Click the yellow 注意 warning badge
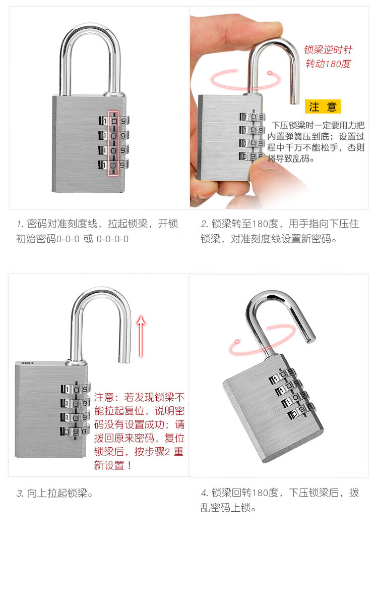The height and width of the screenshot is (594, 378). point(323,107)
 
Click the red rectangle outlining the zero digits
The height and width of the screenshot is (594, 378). point(113,143)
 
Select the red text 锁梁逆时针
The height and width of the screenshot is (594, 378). point(328,49)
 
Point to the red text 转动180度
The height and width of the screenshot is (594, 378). point(328,64)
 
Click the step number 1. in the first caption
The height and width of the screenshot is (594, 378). point(20,224)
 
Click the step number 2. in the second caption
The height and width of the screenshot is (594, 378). point(204,224)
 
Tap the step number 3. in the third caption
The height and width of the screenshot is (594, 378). point(20,493)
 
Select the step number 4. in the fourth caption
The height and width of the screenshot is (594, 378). point(204,493)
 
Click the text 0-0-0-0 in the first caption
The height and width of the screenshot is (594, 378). point(112,239)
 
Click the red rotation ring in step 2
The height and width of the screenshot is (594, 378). point(245,80)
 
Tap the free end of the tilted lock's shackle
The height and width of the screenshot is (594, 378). point(310,339)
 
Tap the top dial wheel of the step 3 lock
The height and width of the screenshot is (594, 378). point(76,389)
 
